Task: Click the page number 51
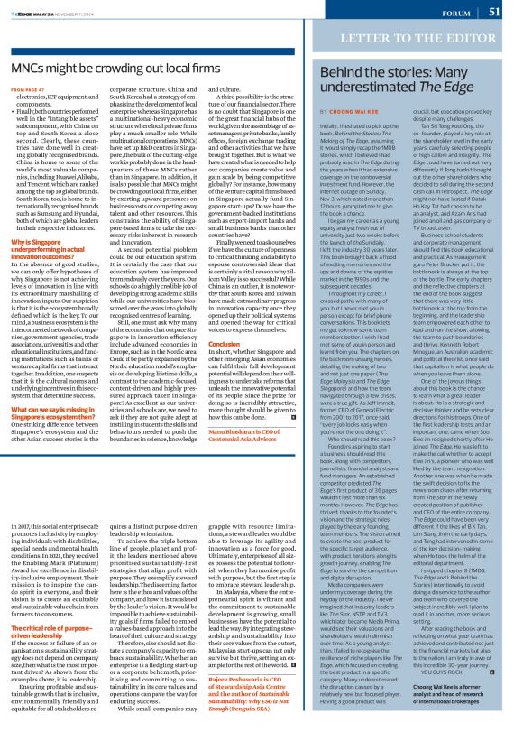point(494,12)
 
